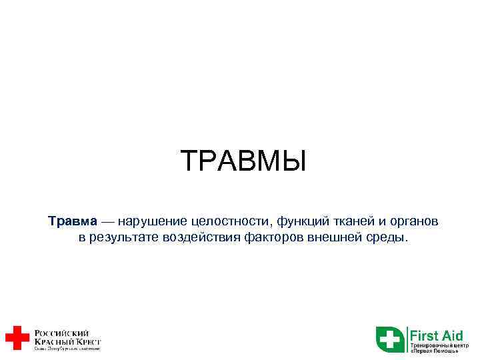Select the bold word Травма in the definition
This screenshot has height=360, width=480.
[x=72, y=221]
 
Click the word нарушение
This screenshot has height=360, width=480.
[x=152, y=221]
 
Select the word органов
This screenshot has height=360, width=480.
[x=411, y=221]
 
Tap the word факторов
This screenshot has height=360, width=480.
[x=275, y=238]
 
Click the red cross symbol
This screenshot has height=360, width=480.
[x=17, y=337]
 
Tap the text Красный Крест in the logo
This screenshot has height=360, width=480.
[x=67, y=341]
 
